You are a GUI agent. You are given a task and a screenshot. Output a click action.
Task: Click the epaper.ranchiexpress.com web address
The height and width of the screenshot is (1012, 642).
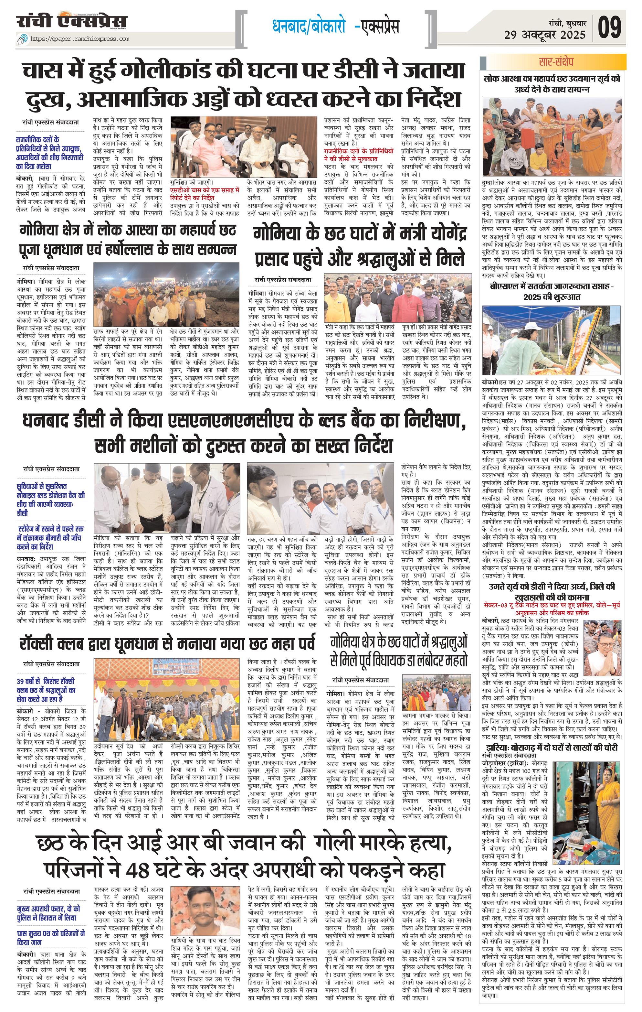click(x=80, y=39)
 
